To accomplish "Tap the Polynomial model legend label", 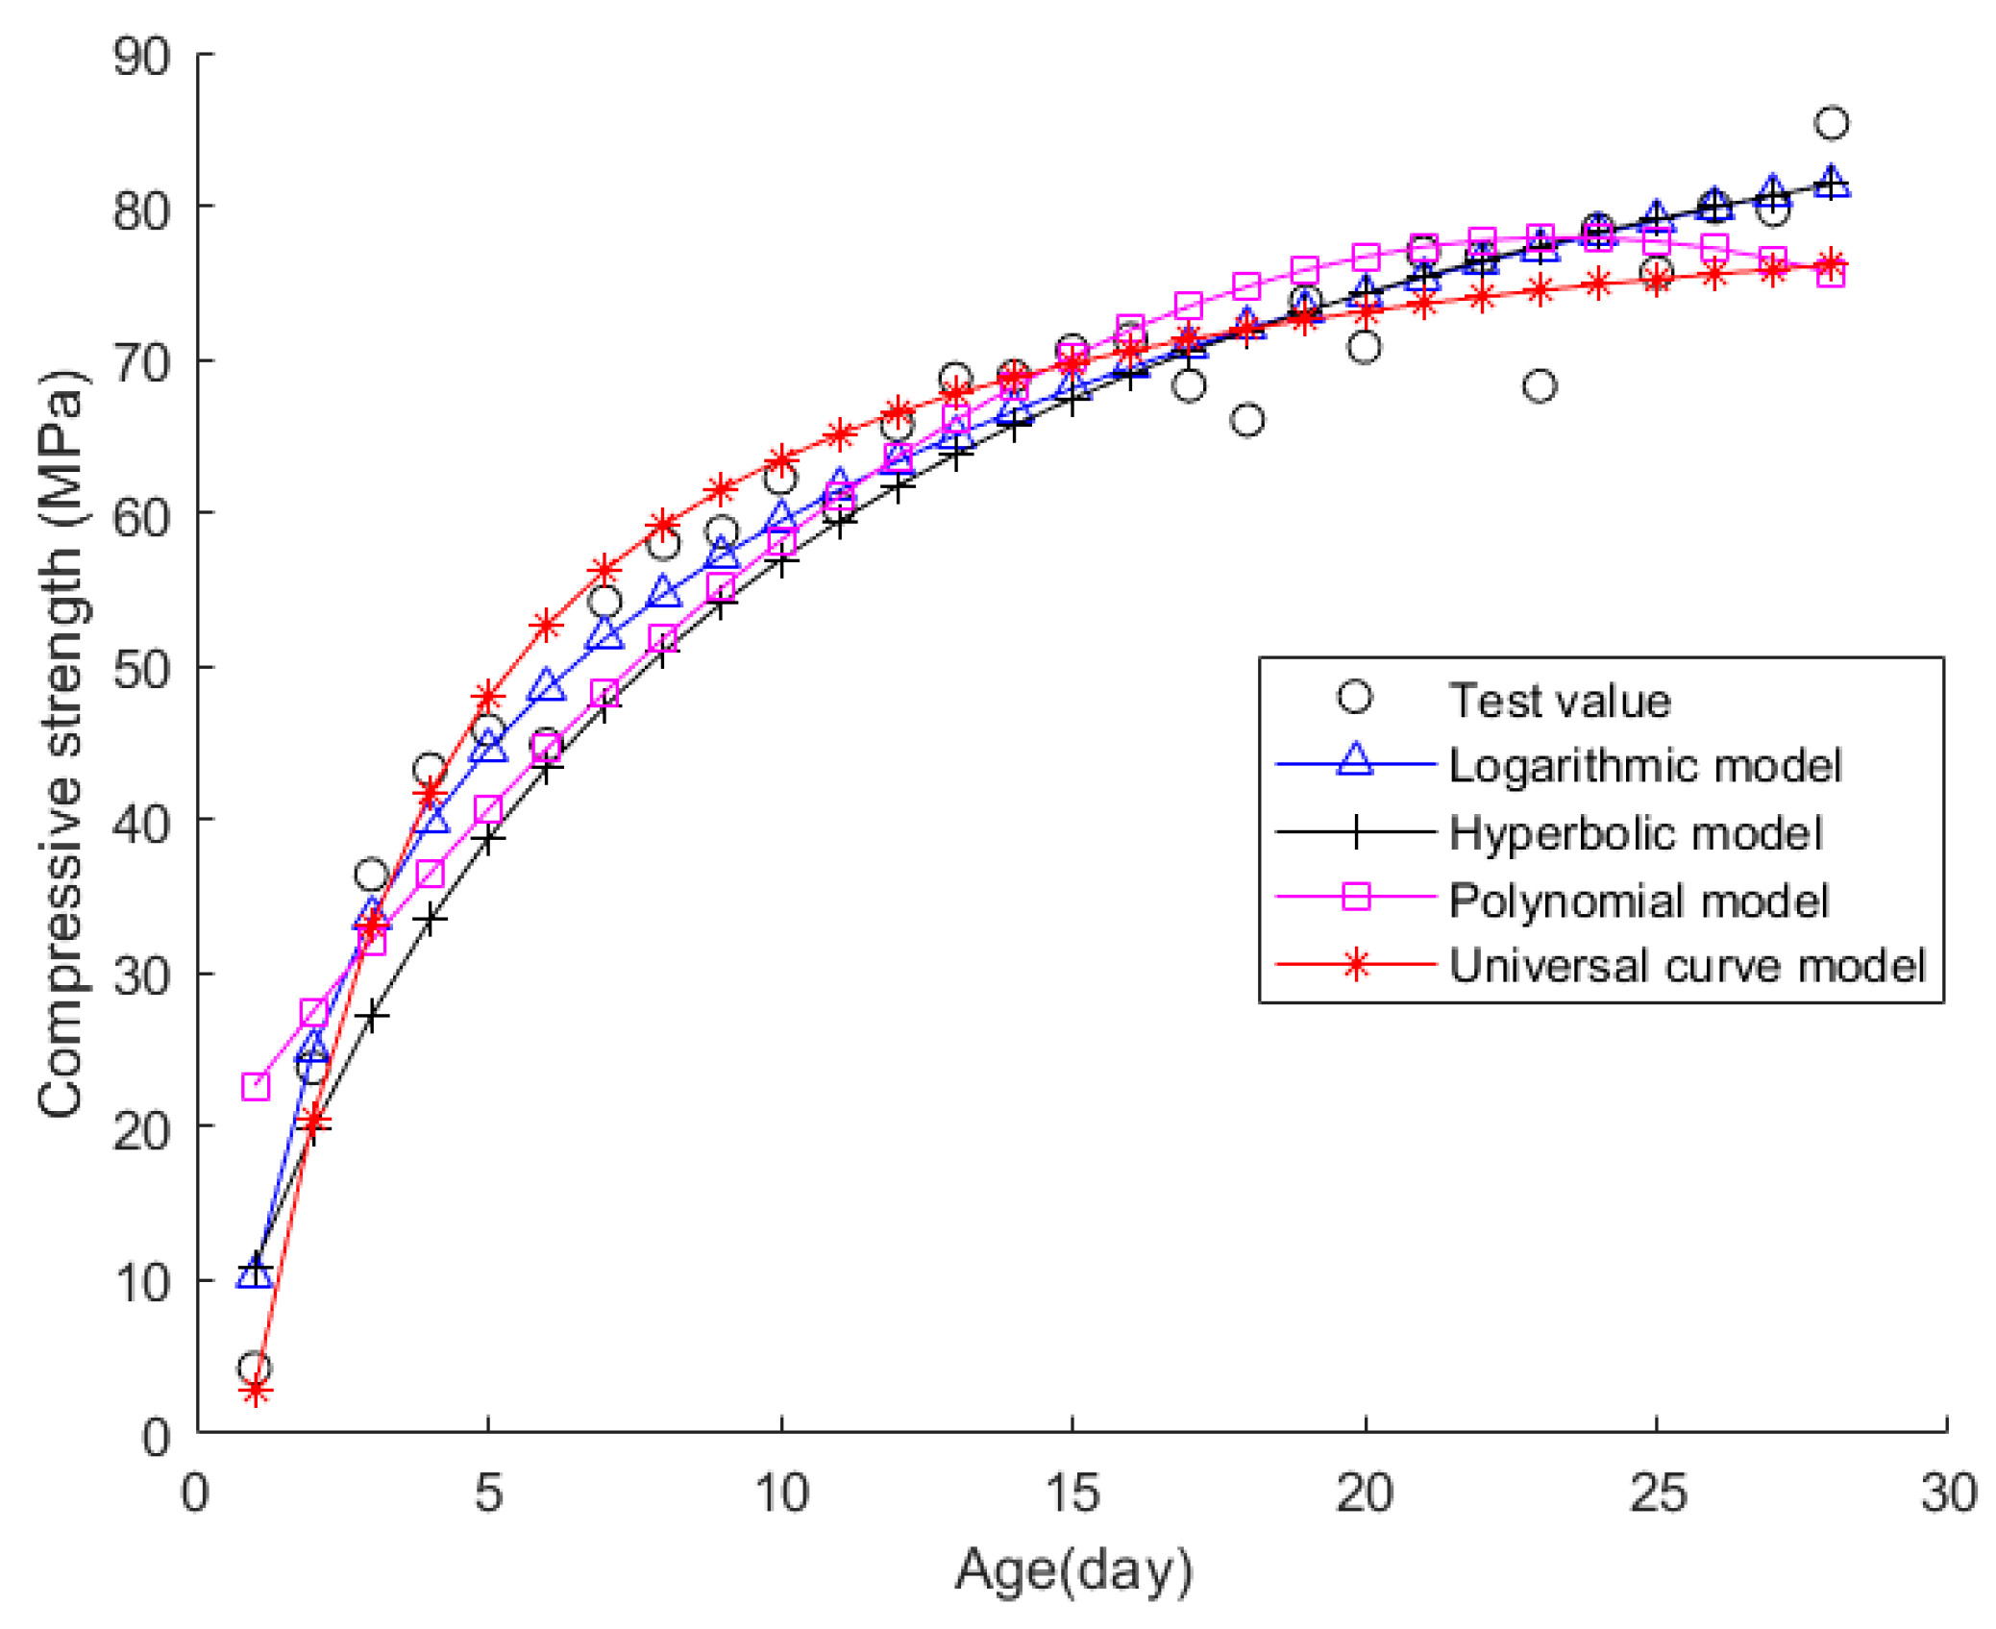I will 1637,901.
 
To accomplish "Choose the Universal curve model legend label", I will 1686,965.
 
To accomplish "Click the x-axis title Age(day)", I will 1072,1569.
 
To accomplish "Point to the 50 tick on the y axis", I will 141,668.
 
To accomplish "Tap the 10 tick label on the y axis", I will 141,1282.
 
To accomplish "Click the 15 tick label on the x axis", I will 1071,1493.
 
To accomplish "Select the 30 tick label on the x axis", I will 1947,1493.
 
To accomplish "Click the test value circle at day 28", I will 1831,123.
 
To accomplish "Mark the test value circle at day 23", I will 1539,385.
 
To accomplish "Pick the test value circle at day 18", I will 1246,420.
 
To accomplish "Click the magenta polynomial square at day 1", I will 255,1087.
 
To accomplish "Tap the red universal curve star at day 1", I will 255,1391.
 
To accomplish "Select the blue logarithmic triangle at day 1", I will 255,1274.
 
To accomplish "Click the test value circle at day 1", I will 255,1368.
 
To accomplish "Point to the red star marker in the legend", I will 1355,965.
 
